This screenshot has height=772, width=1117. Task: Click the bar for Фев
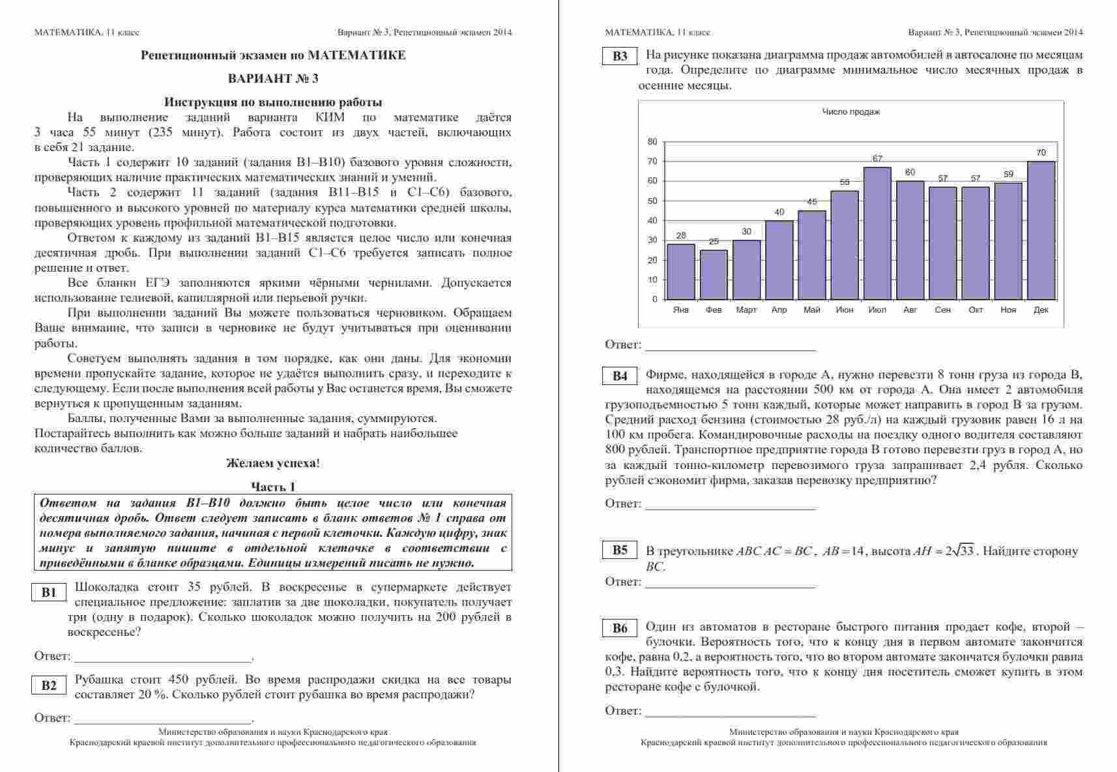714,274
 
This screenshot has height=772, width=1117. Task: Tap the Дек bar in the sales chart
1041,230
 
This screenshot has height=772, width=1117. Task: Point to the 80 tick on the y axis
652,141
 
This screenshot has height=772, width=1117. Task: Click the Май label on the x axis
812,309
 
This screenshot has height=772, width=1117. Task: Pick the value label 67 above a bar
877,158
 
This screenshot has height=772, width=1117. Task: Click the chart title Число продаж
850,112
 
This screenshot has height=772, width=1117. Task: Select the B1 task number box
49,592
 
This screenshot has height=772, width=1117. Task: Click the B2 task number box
49,685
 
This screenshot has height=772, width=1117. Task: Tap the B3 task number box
620,56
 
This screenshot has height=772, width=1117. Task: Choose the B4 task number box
620,375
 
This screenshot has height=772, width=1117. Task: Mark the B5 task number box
620,550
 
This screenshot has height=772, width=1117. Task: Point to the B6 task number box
620,627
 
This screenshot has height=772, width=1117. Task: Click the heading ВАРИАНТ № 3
273,79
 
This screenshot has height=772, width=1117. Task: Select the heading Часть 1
273,487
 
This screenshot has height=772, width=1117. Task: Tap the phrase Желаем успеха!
273,463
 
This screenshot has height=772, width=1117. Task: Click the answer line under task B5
730,586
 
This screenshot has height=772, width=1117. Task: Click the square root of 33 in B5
959,551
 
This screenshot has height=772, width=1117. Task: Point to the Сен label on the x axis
942,309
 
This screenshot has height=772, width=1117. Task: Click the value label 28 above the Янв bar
680,236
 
